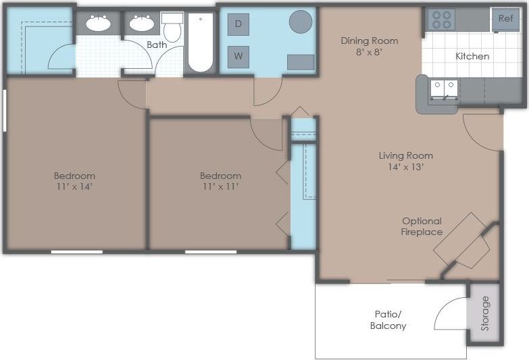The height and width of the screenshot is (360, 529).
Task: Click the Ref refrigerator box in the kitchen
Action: click(505, 18)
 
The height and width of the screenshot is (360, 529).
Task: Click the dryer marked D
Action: click(238, 24)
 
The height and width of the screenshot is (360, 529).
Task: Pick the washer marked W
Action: click(238, 56)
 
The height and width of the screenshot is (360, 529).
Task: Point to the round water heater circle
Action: click(301, 22)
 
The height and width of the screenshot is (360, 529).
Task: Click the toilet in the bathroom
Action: click(172, 25)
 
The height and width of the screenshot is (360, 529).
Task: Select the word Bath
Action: click(157, 45)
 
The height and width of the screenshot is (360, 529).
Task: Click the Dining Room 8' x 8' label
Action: click(369, 46)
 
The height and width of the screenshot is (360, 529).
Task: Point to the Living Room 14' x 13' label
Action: click(405, 161)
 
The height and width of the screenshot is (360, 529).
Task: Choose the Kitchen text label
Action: click(472, 56)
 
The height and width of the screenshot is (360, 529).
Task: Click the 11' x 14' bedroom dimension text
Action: click(74, 186)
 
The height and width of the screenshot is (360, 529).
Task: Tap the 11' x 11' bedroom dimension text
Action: click(220, 186)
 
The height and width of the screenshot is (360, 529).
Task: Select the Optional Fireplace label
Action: click(422, 226)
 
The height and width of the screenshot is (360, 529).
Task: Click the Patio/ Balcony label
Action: click(388, 319)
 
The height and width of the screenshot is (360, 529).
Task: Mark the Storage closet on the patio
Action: click(484, 313)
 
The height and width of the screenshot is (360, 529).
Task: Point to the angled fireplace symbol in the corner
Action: click(462, 240)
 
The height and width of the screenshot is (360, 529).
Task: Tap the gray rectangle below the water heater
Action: click(300, 62)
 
